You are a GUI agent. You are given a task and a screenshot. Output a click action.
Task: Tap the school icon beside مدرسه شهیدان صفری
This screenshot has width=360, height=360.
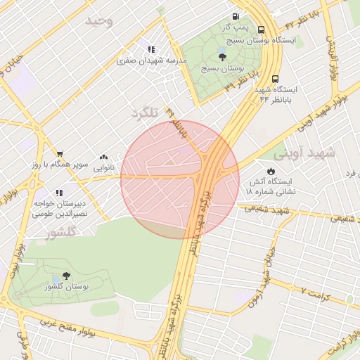(x=151, y=49)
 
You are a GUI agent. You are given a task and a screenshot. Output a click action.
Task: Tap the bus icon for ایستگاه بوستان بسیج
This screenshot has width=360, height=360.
(x=262, y=30)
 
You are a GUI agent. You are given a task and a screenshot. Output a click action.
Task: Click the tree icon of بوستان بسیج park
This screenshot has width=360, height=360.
(x=222, y=57)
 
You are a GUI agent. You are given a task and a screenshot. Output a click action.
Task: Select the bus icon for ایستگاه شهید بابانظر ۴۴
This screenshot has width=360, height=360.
(x=275, y=79)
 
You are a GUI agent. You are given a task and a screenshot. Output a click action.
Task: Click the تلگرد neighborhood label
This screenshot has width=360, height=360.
(x=146, y=112)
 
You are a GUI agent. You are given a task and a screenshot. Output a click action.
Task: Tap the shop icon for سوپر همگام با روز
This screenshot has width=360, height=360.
(x=60, y=154)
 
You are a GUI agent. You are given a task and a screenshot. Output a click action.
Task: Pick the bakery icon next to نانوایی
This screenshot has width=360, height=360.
(x=104, y=157)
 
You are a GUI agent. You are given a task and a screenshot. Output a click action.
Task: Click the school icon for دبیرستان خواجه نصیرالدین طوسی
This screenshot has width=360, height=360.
(x=60, y=191)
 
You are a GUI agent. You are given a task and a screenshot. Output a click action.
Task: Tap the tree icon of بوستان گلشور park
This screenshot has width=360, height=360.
(x=66, y=276)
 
